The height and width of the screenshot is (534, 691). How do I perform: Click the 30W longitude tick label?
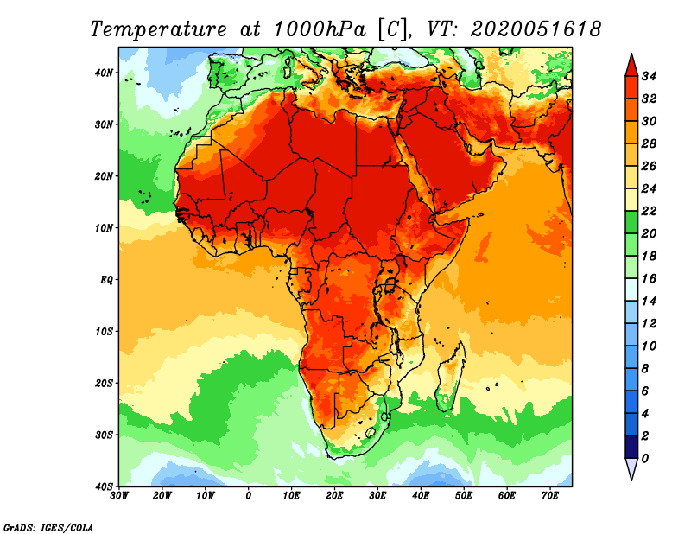click(x=120, y=496)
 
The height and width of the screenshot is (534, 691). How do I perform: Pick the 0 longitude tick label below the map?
click(x=249, y=496)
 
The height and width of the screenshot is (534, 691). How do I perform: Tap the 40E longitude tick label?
click(x=421, y=496)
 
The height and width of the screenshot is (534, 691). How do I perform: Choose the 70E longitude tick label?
click(x=549, y=496)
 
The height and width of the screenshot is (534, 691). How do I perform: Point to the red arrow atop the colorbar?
click(x=631, y=64)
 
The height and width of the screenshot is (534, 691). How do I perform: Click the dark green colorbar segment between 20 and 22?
click(x=631, y=222)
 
